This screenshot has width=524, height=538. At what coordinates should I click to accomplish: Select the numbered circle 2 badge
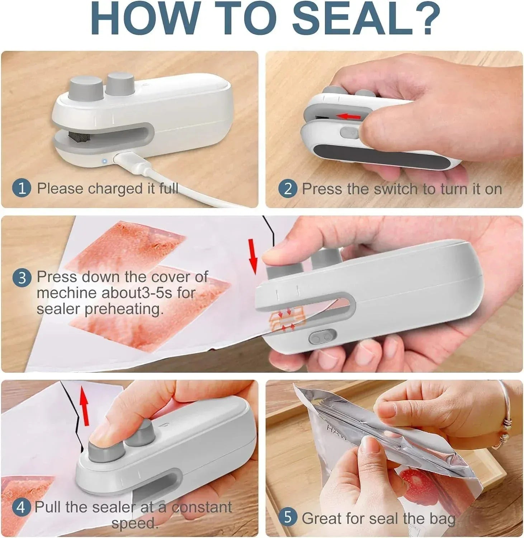(288, 189)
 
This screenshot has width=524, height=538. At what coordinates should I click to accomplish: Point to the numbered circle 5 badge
(288, 518)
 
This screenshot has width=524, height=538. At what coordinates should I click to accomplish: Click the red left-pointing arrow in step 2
(350, 116)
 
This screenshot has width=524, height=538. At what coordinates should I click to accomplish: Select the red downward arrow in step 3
(253, 255)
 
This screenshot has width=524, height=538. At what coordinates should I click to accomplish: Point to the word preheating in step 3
(124, 309)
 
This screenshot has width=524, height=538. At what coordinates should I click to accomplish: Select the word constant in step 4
(202, 507)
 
